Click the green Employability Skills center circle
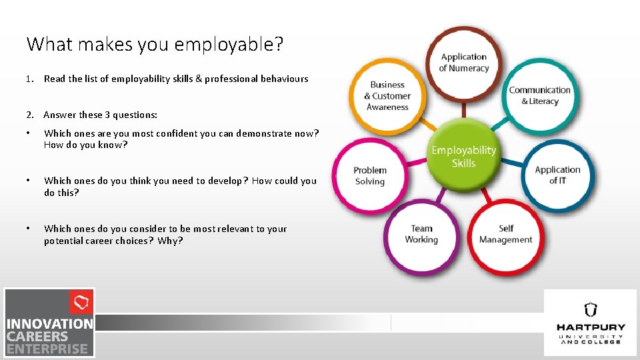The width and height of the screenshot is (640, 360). [463, 156]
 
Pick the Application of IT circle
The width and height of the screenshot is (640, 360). [557, 175]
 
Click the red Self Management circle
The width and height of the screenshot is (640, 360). [506, 234]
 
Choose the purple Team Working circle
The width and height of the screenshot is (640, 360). [421, 234]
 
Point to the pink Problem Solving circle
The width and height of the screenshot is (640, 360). [369, 175]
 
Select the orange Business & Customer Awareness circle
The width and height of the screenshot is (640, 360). [387, 96]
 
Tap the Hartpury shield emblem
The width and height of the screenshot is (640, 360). [590, 309]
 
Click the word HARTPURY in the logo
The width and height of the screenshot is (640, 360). [591, 327]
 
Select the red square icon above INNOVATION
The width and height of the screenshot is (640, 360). [81, 303]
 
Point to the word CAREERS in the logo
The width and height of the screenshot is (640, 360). [37, 336]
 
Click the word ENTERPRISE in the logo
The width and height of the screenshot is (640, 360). [47, 349]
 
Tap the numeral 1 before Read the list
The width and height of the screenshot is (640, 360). [29, 79]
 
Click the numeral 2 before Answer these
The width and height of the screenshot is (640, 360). [29, 115]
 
